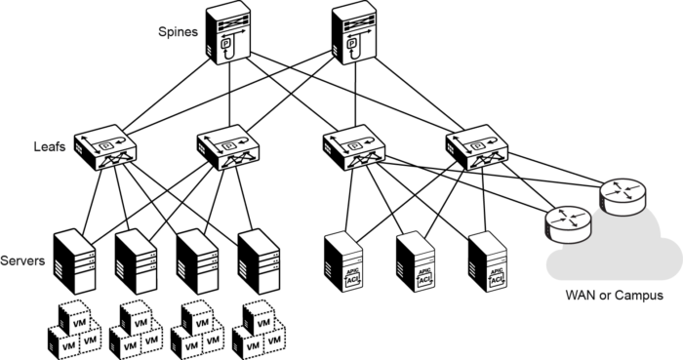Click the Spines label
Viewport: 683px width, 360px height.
(x=179, y=31)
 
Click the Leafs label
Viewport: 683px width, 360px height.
(x=51, y=148)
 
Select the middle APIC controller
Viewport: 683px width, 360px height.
(x=414, y=262)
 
